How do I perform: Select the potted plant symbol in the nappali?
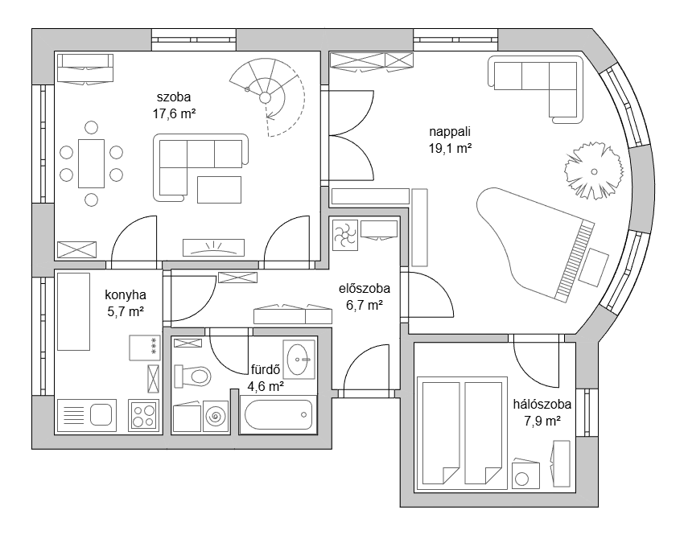coord(594,171)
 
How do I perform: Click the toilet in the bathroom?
coord(193,376)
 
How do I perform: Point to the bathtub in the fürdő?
coord(278,415)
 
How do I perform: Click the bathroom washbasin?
coord(299,360)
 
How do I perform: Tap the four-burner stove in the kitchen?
coord(144,416)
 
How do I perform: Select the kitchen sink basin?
coord(101,414)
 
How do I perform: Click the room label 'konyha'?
coord(126,295)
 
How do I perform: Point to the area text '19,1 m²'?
coord(450,148)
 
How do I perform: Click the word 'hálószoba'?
coord(542,405)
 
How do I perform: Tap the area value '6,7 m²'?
coord(365,306)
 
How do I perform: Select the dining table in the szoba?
coord(91,163)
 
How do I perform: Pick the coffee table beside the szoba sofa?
coord(219,190)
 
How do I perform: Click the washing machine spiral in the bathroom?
coord(216,417)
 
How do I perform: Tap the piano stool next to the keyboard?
coord(594,267)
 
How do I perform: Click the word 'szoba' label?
coord(174,97)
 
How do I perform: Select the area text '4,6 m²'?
coord(266,386)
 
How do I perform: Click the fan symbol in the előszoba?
coord(345,235)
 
